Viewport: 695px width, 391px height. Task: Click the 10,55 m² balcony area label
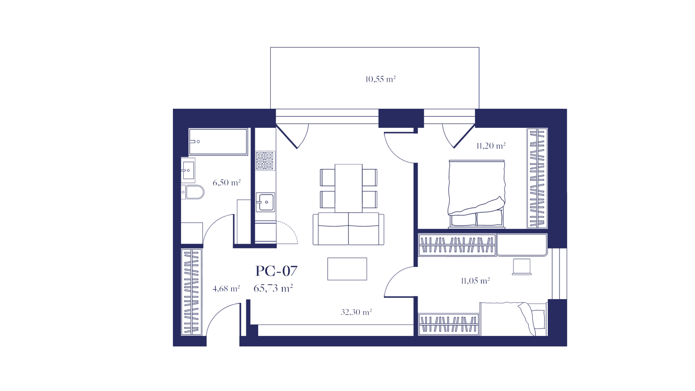coord(380,79)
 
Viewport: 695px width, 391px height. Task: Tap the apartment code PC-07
coord(276,271)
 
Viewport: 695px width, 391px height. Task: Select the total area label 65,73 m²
coord(273,288)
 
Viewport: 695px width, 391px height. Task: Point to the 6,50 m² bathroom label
coord(227,183)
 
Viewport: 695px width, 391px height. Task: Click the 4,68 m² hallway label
coord(226,289)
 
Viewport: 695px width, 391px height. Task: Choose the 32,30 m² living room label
coord(356,312)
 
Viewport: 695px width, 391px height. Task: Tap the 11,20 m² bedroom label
coord(491,146)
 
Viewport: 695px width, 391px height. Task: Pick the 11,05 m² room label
coord(475,281)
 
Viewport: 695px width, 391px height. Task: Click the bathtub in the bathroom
coord(218,142)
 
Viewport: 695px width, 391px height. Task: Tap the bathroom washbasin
coord(188,170)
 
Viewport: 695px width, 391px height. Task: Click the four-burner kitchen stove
coord(265,161)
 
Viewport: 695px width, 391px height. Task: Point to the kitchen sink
coord(265,202)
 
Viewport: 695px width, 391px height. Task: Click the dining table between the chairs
coord(349,188)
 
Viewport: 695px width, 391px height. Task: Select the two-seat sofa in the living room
coord(349,229)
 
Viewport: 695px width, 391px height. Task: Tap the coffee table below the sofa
coord(347,269)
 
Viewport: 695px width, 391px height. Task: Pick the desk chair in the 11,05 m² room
coord(522,267)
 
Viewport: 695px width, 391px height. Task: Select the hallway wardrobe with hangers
coord(191,292)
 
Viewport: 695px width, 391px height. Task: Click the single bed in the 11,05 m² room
coord(513,319)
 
